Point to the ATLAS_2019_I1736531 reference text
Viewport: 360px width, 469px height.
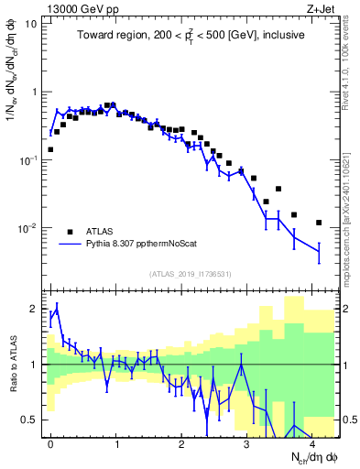pyautogui.click(x=190, y=274)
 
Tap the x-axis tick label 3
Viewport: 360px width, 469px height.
pyautogui.click(x=247, y=442)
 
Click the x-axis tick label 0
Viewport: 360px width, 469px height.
pyautogui.click(x=50, y=442)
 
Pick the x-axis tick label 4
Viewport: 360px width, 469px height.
pyautogui.click(x=312, y=442)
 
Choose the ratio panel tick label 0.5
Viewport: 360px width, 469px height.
pyautogui.click(x=32, y=420)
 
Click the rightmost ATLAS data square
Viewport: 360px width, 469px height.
pyautogui.click(x=319, y=223)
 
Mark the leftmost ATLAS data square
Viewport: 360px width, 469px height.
pyautogui.click(x=50, y=149)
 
